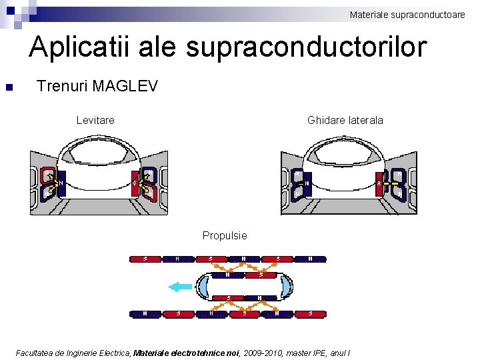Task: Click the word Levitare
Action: point(95,121)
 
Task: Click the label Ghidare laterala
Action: point(345,121)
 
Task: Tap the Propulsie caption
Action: point(225,235)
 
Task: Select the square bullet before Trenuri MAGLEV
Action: point(9,87)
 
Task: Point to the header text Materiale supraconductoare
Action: point(407,14)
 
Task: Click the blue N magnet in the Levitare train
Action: point(61,182)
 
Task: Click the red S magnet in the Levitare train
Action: point(135,182)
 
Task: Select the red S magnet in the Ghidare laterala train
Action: point(379,183)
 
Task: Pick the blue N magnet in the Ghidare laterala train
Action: point(306,183)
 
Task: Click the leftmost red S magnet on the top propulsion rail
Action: point(145,259)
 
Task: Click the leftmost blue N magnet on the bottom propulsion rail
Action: point(145,313)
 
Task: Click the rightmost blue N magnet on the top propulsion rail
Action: point(310,259)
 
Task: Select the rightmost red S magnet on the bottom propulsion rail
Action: point(310,313)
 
